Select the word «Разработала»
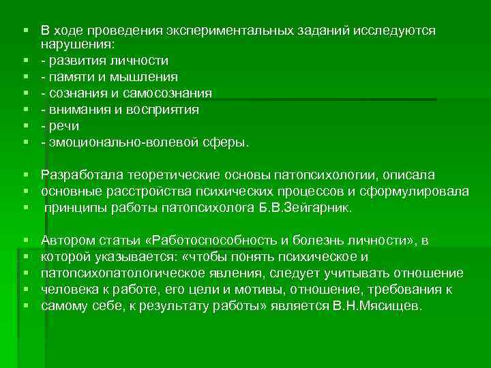tap(79, 175)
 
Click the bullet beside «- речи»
tap(25, 126)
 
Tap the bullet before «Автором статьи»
tap(25, 241)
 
